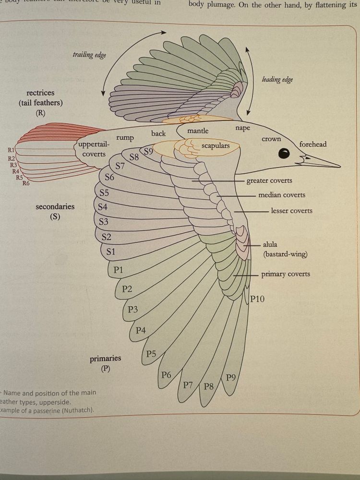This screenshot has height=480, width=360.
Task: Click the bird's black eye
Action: (285, 154)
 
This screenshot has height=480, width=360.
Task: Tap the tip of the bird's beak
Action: (340, 167)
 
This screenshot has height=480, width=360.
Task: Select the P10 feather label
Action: (257, 299)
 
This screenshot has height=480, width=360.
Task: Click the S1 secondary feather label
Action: (111, 252)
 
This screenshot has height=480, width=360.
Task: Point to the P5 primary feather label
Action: (151, 354)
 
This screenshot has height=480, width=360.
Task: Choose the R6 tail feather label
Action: (26, 183)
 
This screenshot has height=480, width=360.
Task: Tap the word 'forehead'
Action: (312, 144)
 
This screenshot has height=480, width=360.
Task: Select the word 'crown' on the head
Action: (271, 139)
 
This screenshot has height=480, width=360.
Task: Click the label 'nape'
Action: (242, 128)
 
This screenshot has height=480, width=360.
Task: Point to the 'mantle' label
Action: (198, 131)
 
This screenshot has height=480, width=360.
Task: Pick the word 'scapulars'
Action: (216, 145)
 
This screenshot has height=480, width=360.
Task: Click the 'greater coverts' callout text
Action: (269, 181)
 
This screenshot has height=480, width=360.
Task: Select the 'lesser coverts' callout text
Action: (291, 211)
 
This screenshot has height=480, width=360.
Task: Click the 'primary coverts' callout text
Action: (286, 274)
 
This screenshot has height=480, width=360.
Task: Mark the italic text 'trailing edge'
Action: (89, 55)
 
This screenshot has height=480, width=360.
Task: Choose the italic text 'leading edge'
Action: (277, 80)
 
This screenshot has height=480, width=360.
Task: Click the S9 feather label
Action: (149, 152)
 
